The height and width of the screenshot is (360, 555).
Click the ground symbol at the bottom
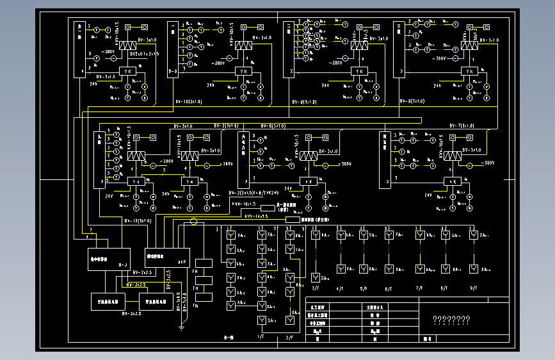pos(182,328)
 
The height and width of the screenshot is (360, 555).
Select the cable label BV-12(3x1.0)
pos(138,220)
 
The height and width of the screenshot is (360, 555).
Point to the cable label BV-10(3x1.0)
pos(189,102)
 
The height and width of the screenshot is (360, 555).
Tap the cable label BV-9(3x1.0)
pos(305,102)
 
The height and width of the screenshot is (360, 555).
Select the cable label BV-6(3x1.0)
pos(273,126)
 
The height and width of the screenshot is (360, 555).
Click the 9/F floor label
pos(474,288)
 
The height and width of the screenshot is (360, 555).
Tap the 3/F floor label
pos(315,289)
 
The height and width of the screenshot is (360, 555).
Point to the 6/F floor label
pos(388,289)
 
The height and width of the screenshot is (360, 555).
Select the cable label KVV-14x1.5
pos(257,217)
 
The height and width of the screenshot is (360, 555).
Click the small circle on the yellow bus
pos(194,222)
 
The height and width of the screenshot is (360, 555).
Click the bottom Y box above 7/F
pos(420,269)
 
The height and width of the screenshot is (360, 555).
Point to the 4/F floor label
pos(340,289)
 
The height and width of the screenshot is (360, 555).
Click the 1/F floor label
pos(261,336)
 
